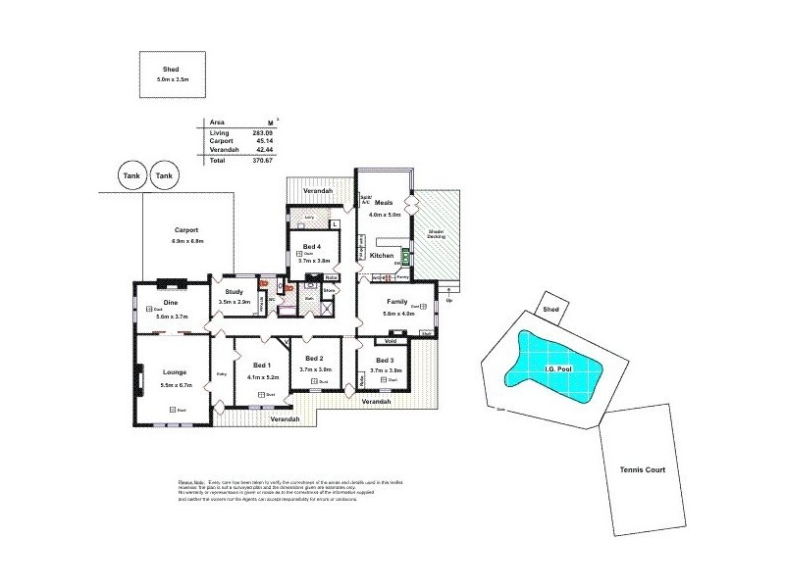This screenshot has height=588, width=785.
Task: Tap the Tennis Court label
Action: (x=643, y=471)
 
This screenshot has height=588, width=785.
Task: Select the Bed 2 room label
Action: (x=314, y=359)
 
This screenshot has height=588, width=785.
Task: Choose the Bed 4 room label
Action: (x=313, y=247)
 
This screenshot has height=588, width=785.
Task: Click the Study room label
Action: (x=234, y=292)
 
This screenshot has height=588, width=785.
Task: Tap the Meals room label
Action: (x=383, y=203)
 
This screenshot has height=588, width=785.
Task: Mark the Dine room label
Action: (x=171, y=303)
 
